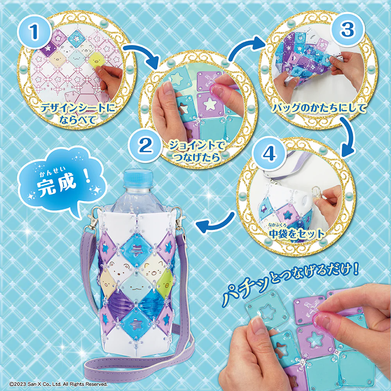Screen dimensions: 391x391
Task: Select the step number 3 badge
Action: [x=347, y=29]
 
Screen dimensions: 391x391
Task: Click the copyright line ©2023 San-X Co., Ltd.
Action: [x=58, y=384]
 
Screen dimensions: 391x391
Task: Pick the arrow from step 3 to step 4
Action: [x=348, y=136]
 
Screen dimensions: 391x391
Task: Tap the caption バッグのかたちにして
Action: [x=319, y=108]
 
